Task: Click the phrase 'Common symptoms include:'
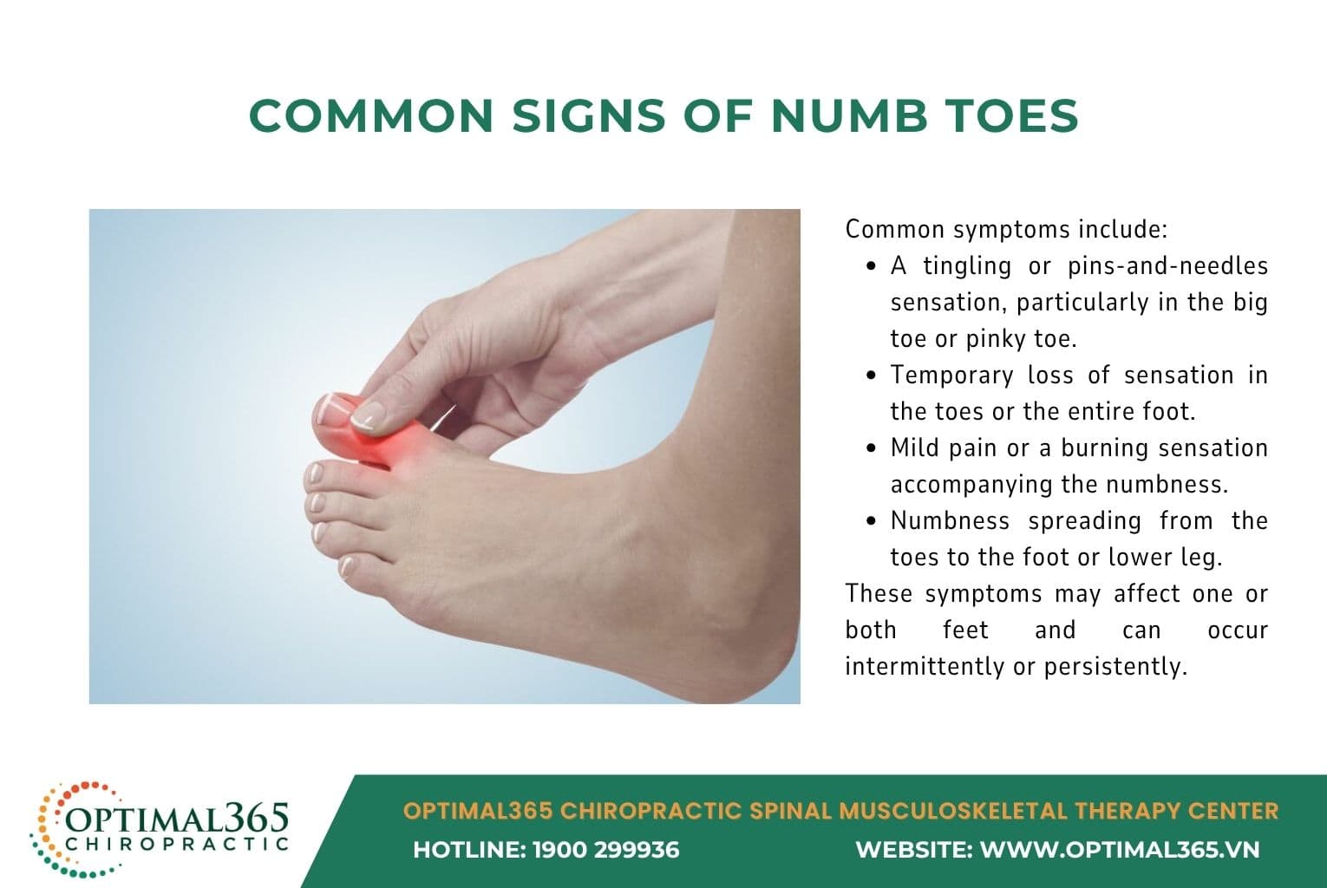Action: [x=1007, y=230]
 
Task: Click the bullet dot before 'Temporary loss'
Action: [x=872, y=376]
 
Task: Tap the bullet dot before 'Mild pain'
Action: [x=872, y=449]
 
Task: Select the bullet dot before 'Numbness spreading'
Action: [x=872, y=522]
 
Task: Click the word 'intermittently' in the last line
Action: [x=925, y=666]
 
